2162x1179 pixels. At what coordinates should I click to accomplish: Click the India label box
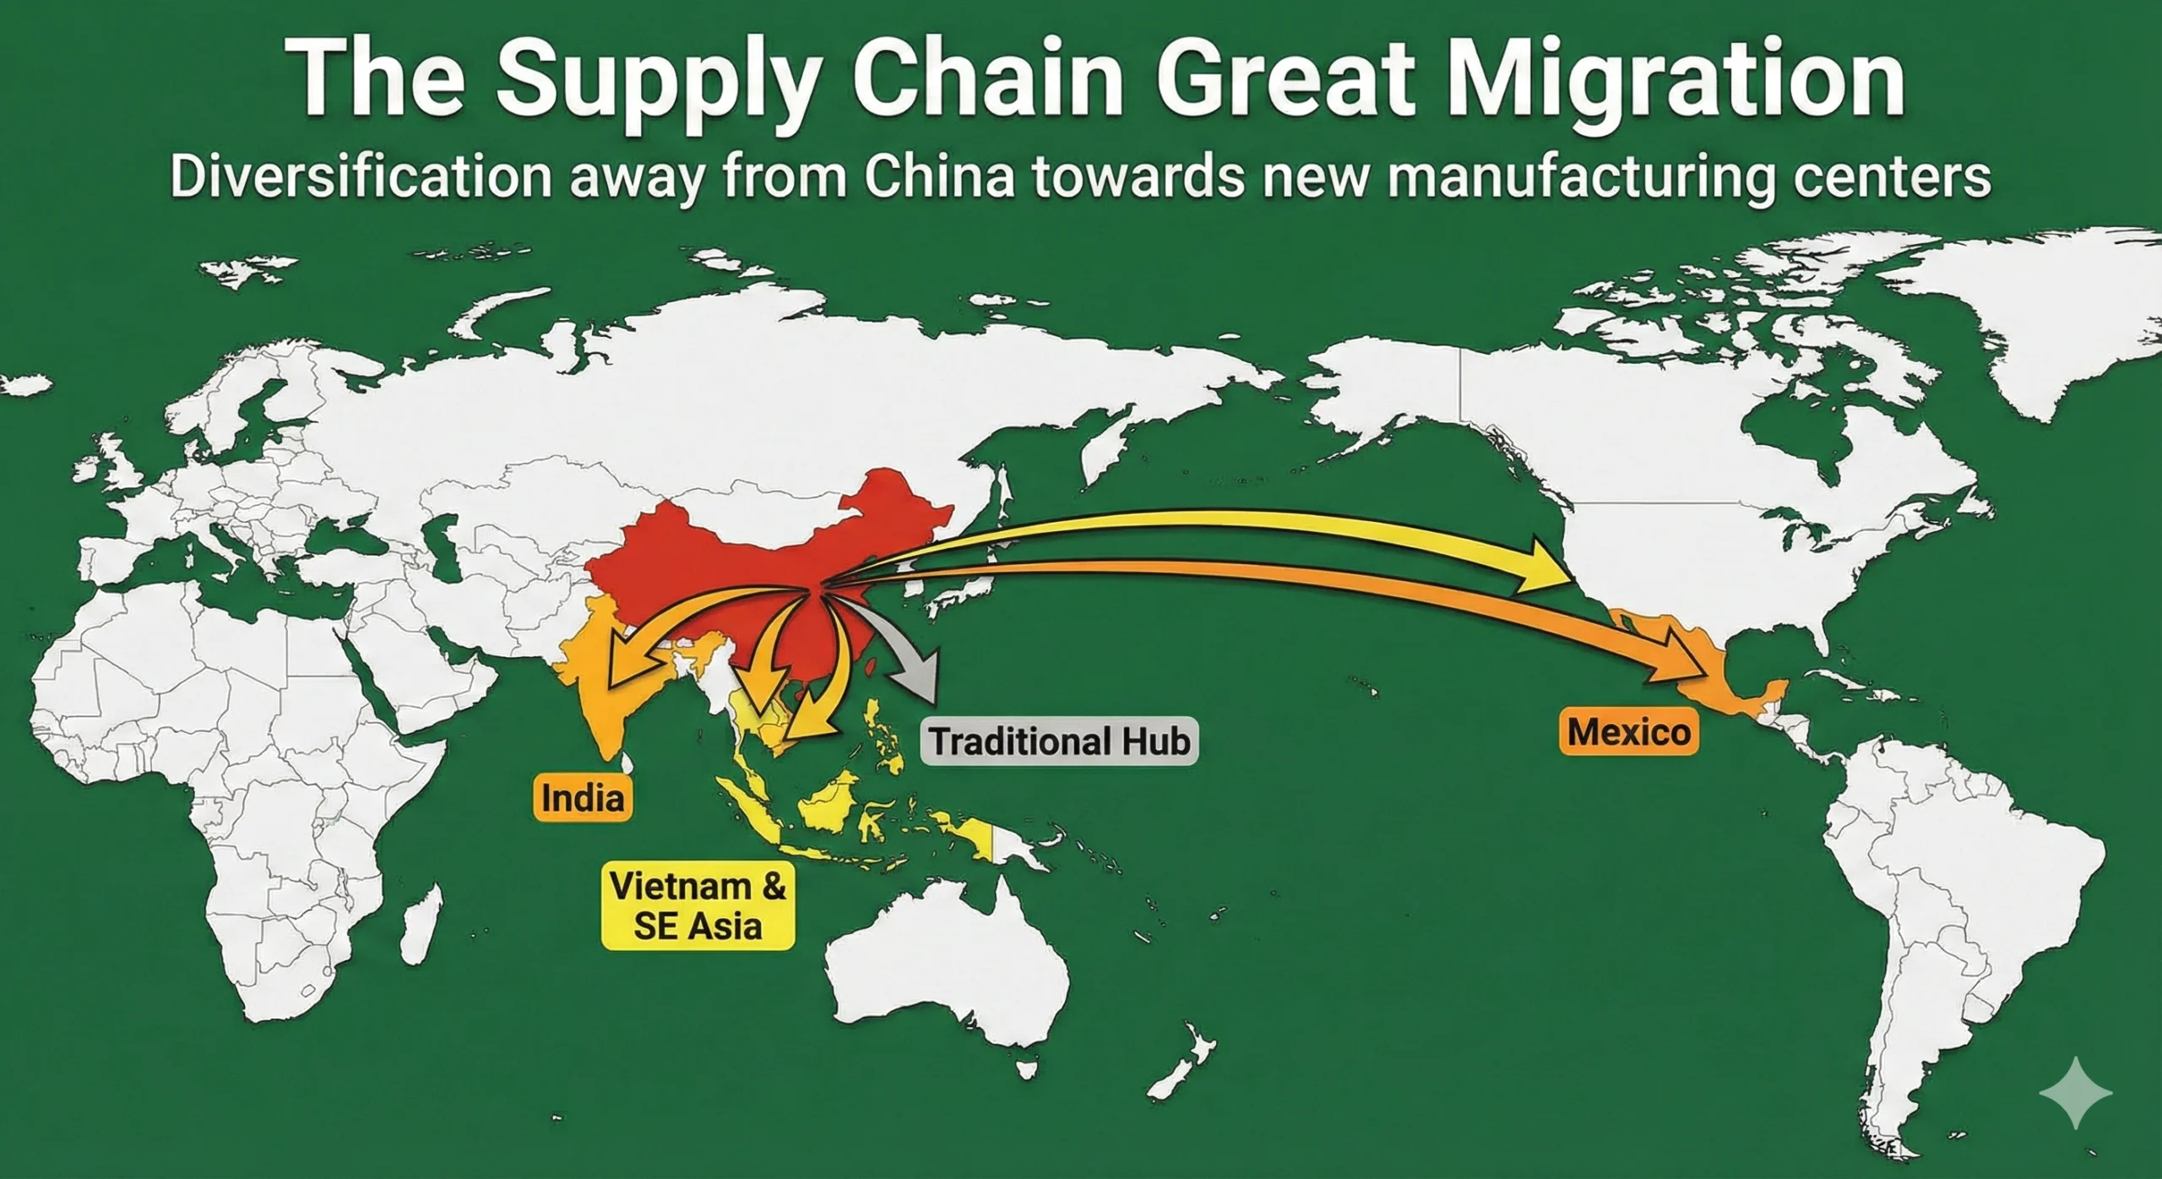(583, 797)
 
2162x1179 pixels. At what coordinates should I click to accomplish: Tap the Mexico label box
(1628, 731)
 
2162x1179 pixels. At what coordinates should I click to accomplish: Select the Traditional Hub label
(1059, 741)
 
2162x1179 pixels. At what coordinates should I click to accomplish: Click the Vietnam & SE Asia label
(698, 906)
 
